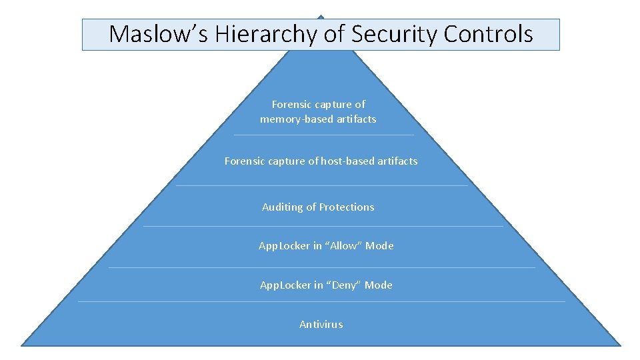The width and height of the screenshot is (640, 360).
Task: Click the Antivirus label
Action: point(321,325)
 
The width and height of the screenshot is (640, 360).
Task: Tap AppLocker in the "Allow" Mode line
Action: point(284,246)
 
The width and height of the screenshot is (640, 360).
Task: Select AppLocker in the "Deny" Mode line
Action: point(285,285)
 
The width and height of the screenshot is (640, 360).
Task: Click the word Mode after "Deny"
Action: point(378,285)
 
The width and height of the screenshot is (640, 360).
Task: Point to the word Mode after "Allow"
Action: point(379,246)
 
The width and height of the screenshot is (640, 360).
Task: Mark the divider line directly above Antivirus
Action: point(321,302)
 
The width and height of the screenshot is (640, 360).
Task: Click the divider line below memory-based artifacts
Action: point(323,135)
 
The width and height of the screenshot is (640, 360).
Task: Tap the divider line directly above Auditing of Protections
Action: point(321,186)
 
